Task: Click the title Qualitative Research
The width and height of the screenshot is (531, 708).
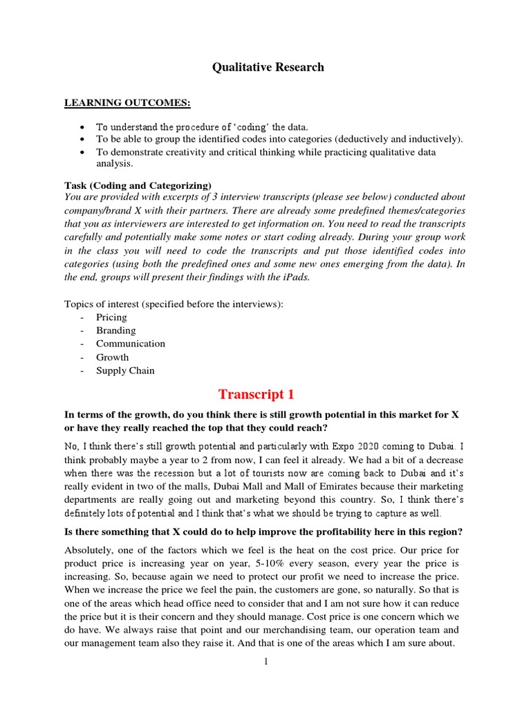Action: point(267,67)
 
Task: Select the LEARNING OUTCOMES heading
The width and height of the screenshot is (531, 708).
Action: point(127,103)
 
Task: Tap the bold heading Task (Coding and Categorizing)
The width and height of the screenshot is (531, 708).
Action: point(138,185)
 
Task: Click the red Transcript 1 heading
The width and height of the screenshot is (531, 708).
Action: point(257,395)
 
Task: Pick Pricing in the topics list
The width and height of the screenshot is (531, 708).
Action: point(111,317)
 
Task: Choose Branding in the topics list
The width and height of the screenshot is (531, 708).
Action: point(115,330)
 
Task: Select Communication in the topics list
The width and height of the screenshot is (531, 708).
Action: point(131,344)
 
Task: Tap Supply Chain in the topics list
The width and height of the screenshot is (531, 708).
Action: point(125,371)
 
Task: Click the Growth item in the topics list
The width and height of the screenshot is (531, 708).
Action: point(112,357)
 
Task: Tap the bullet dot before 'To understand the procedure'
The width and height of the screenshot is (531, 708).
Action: point(82,127)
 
